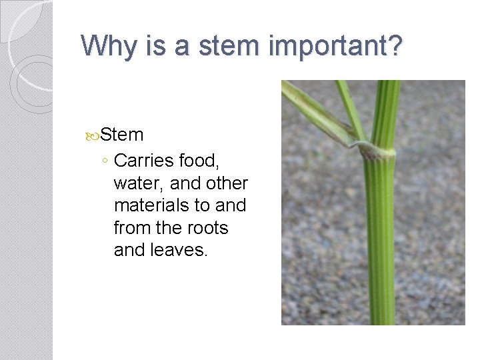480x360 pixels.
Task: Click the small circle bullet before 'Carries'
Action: coord(105,161)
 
